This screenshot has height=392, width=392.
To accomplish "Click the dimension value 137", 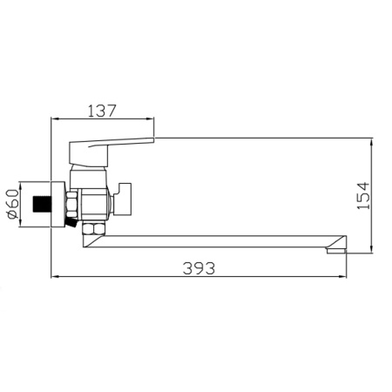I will [104, 112].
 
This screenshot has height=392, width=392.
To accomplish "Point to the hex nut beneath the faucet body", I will [91, 229].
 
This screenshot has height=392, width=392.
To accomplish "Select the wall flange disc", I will [57, 205].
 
